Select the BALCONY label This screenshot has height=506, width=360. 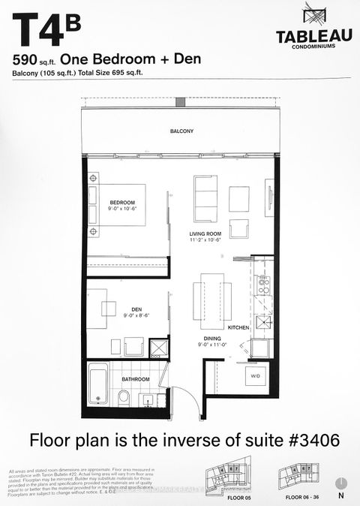(x=181, y=131)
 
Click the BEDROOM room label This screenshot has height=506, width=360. (x=121, y=203)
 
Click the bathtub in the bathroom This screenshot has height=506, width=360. (x=98, y=385)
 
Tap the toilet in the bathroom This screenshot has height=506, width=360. (x=124, y=396)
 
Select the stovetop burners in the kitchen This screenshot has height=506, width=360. (x=264, y=285)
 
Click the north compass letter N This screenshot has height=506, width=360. (x=341, y=496)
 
